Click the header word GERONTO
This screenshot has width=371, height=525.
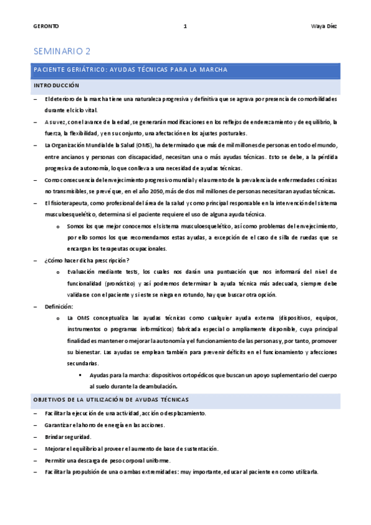click(x=46, y=27)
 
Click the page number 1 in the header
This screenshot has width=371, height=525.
click(x=185, y=27)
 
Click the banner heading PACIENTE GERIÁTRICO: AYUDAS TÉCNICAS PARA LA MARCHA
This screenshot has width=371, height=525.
click(x=131, y=69)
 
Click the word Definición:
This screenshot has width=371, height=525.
click(x=59, y=306)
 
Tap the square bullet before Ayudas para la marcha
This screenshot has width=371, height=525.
click(x=81, y=376)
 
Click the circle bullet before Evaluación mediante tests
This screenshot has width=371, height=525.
click(x=58, y=272)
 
